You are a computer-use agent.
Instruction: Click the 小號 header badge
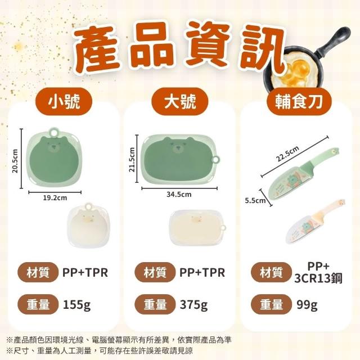64,101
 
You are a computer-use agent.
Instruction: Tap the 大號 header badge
180,101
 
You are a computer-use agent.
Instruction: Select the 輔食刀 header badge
299,101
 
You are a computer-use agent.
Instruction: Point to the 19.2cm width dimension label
55,197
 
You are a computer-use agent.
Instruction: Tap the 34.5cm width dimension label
179,195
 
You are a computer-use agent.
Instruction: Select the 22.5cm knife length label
287,154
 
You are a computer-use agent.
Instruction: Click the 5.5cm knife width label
255,201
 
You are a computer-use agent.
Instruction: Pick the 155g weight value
76,305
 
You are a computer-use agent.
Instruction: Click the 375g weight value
193,305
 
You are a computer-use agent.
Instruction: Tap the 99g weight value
307,305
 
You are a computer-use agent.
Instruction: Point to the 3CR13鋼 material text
318,278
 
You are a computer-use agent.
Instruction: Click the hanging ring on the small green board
54,132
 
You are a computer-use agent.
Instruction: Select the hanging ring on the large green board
216,159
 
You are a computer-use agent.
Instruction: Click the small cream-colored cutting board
89,225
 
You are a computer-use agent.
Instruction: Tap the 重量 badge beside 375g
155,304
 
